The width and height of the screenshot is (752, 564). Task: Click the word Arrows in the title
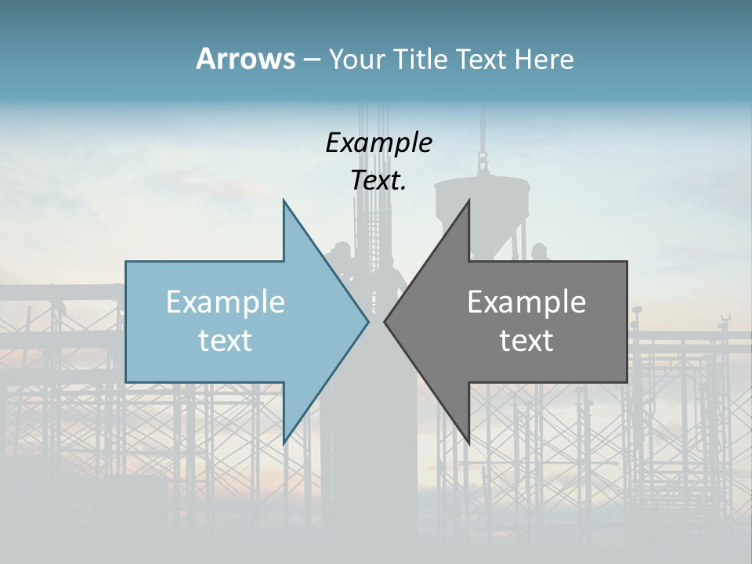point(245,59)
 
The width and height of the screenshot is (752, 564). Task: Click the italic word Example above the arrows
point(378,143)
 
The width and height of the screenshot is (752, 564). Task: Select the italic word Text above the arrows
point(377,181)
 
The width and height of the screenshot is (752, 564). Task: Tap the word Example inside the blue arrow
point(226,302)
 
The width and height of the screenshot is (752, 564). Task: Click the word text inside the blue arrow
point(226,341)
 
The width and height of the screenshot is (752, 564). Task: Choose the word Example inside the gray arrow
point(526,302)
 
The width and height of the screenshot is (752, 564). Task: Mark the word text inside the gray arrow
point(526,341)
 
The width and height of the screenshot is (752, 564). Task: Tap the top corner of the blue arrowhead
point(284,201)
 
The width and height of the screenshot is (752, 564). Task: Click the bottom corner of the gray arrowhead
point(469,443)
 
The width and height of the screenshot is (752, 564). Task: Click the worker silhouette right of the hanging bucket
point(538,252)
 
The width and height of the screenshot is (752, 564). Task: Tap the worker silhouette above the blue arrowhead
point(342,255)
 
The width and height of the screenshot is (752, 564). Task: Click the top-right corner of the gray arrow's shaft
point(626,262)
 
